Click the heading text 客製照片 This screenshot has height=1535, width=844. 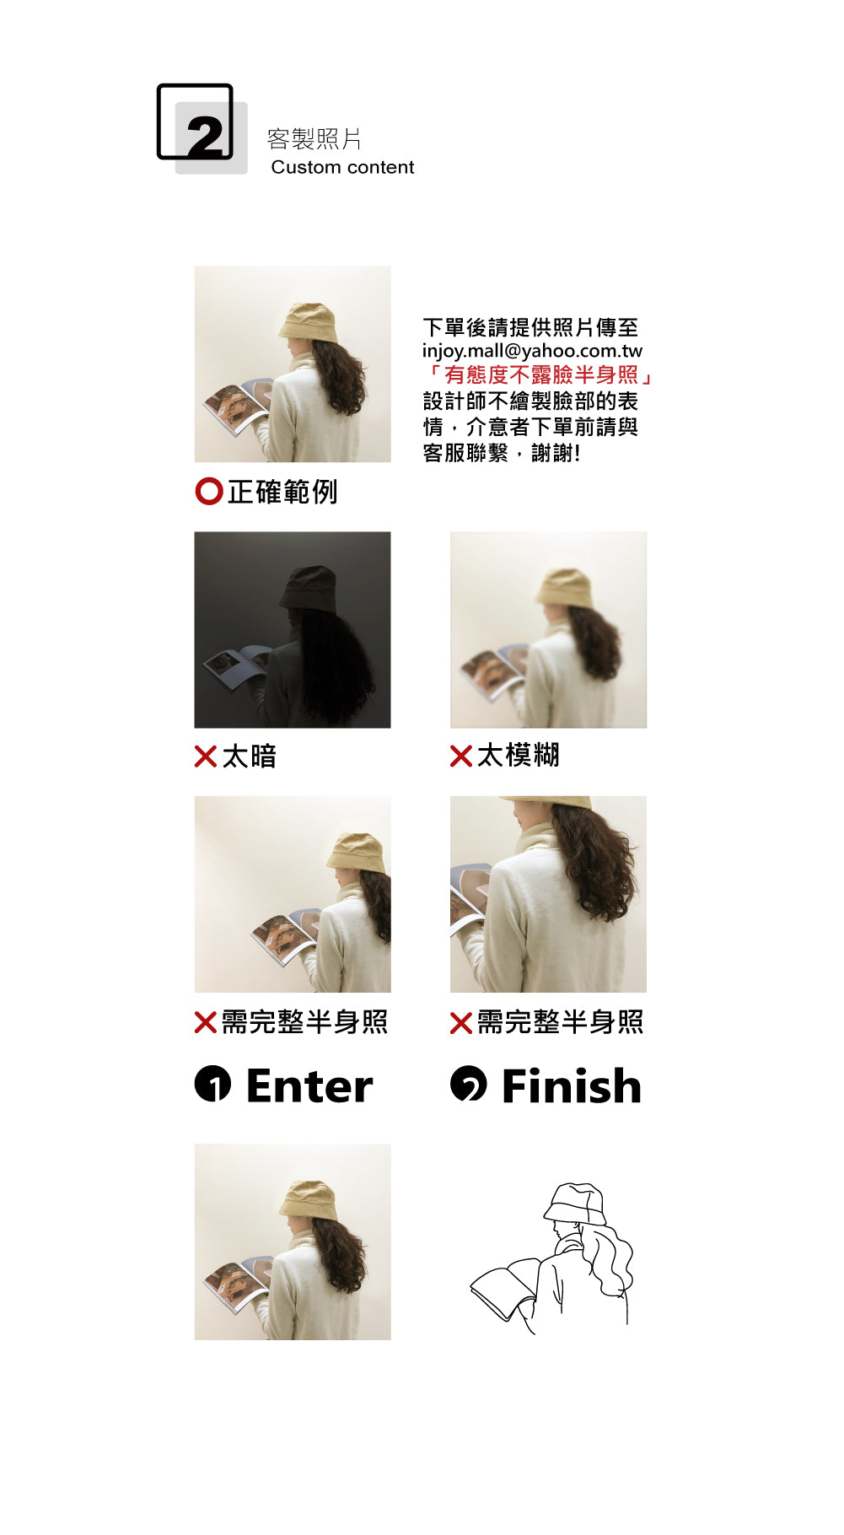314,139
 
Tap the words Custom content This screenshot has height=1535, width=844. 342,167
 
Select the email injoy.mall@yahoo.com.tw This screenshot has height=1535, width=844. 532,351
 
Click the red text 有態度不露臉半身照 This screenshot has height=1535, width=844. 540,374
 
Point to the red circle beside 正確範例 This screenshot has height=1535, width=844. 209,491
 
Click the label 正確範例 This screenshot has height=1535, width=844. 282,492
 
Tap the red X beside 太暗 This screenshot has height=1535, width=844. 206,757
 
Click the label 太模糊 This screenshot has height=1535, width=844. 518,756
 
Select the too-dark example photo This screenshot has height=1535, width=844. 293,630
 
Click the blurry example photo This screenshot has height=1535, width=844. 548,630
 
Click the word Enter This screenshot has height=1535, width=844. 309,1085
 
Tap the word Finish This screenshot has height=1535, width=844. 572,1085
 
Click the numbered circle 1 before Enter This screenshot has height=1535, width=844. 212,1085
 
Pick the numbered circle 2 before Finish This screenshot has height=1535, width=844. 469,1084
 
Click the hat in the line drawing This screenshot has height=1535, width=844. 576,1204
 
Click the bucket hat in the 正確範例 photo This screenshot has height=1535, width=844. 309,322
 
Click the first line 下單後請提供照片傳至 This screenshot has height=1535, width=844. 530,327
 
